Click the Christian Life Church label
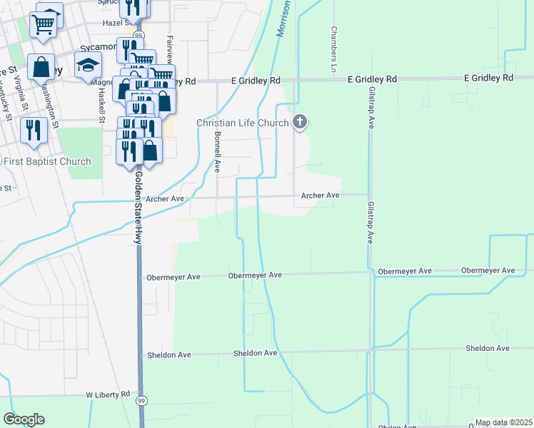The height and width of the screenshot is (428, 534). coord(243,123)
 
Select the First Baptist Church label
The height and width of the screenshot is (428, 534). coord(48,162)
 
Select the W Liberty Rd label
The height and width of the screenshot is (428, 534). coord(108,394)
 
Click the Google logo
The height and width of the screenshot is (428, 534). coord(24,419)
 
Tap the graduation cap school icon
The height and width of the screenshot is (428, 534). coord(88,65)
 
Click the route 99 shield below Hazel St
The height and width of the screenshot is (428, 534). coord(139,35)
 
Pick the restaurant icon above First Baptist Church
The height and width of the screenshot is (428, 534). coord(33,131)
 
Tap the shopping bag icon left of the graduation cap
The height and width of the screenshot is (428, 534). coord(41,68)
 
